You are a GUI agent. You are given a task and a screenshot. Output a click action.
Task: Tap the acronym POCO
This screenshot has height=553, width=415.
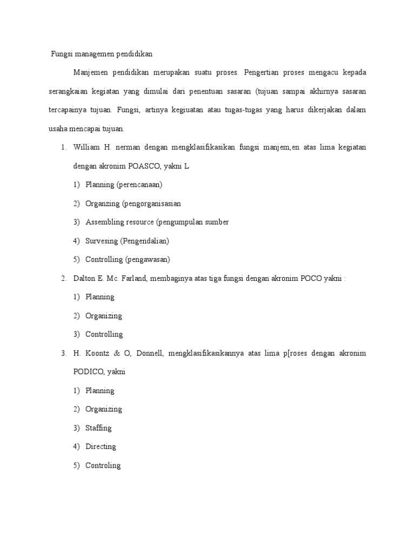pyautogui.click(x=309, y=278)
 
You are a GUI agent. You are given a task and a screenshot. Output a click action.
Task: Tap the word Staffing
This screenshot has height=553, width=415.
pyautogui.click(x=98, y=428)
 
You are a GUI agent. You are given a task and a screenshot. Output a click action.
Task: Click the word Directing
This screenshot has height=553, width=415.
pyautogui.click(x=101, y=447)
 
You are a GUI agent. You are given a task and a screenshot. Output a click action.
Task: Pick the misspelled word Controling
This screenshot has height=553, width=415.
pyautogui.click(x=103, y=465)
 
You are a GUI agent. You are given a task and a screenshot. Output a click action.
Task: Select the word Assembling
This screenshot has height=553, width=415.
pyautogui.click(x=106, y=222)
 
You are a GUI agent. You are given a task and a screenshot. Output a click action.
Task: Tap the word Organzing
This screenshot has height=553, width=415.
pyautogui.click(x=103, y=204)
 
